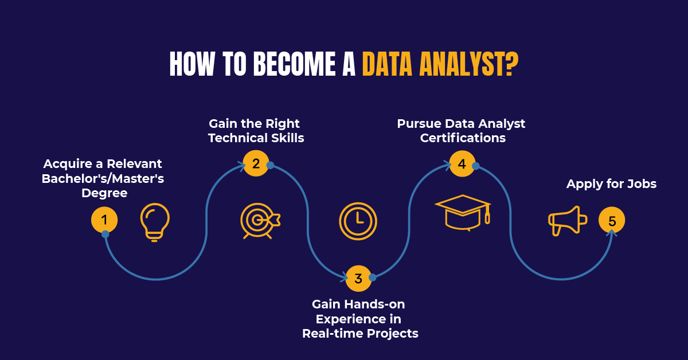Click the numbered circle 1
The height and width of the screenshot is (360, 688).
[x=104, y=220]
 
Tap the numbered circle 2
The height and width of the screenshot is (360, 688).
[x=256, y=164]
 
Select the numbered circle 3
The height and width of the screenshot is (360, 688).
[x=358, y=279]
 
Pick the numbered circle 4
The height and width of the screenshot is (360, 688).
[x=462, y=164]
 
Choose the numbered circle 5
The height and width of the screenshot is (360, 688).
[x=612, y=221]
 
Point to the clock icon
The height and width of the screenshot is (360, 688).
[x=358, y=221]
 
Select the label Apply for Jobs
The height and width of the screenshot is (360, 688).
[x=611, y=184]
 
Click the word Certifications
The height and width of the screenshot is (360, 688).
[x=462, y=138]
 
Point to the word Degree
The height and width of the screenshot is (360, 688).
[x=104, y=193]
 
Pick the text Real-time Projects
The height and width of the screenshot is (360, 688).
[x=360, y=333]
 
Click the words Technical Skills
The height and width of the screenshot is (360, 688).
[x=256, y=138]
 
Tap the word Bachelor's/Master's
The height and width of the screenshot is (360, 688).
[x=103, y=179]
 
